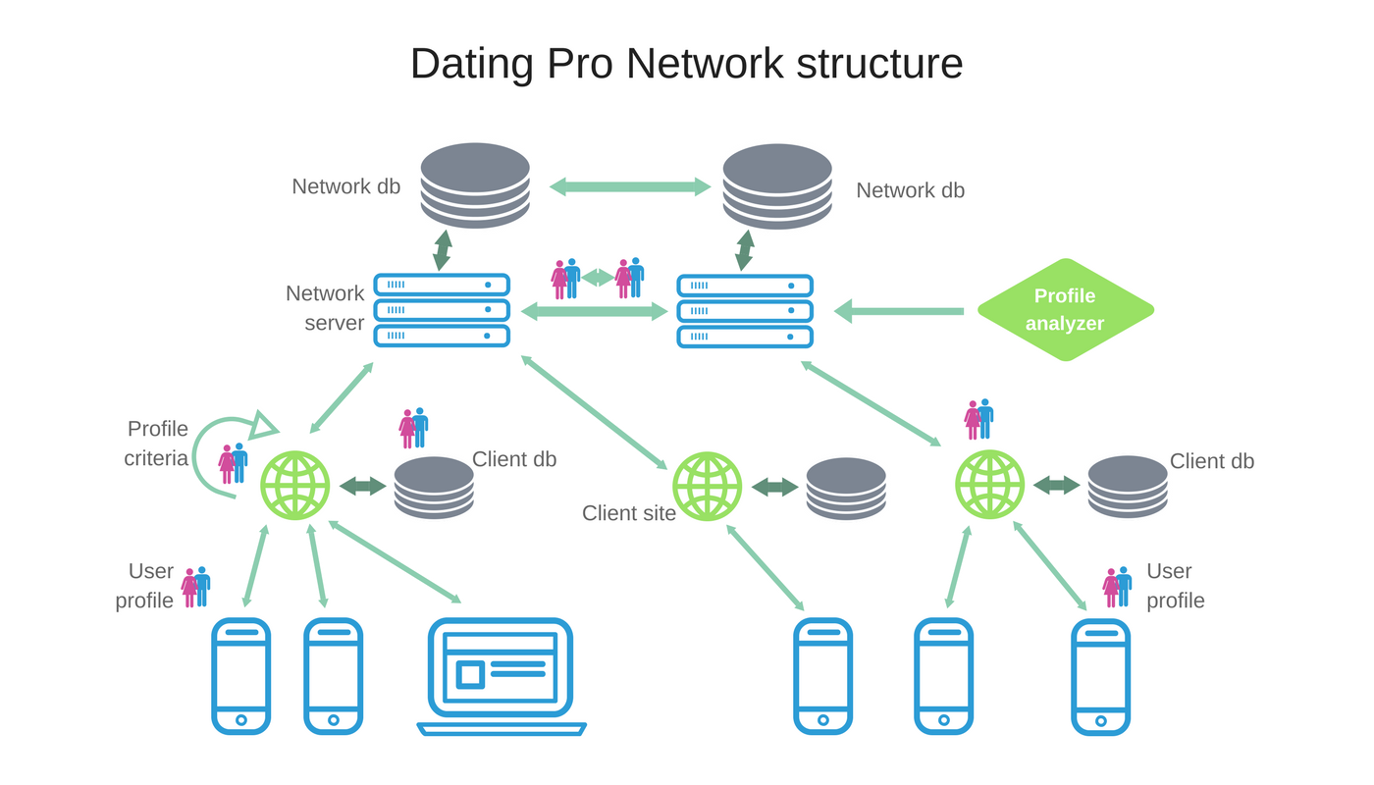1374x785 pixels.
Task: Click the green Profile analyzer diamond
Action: [x=1066, y=310]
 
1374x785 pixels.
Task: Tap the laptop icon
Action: [x=502, y=676]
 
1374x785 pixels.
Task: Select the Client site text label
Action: [x=629, y=513]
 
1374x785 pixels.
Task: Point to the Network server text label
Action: [x=325, y=308]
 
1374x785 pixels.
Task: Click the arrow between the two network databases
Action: [x=630, y=186]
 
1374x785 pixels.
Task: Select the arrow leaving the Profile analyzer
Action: [x=899, y=311]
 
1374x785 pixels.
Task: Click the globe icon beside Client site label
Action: [x=708, y=487]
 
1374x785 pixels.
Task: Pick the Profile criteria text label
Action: [x=156, y=444]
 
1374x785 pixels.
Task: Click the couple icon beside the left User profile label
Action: [x=195, y=588]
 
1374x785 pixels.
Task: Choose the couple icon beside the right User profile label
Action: [x=1117, y=588]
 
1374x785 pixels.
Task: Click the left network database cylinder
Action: [x=475, y=185]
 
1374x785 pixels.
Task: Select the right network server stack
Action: [x=745, y=311]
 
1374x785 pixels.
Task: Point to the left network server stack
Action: [x=442, y=310]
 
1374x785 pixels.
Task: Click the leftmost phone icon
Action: [x=241, y=676]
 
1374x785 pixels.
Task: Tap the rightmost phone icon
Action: [x=1101, y=676]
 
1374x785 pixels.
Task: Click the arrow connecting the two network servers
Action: [x=595, y=311]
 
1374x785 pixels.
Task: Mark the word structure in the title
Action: [x=879, y=64]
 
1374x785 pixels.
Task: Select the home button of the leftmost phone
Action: [x=241, y=720]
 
